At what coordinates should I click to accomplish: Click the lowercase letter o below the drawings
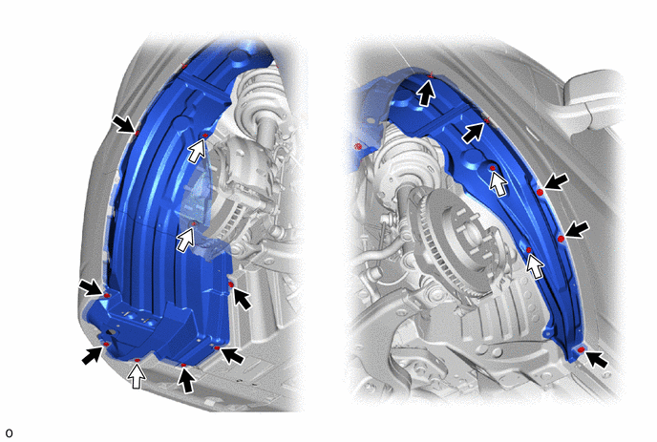point(9,433)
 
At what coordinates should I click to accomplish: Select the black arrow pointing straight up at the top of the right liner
point(427,93)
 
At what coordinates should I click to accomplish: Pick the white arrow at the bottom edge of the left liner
point(137,375)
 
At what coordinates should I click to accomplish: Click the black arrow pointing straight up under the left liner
point(186,380)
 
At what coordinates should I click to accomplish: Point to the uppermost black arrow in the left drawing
point(123,124)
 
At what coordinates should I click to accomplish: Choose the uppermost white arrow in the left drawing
point(198,151)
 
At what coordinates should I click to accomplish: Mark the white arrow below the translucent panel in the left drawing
point(186,240)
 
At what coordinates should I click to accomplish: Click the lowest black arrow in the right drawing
point(597,360)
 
